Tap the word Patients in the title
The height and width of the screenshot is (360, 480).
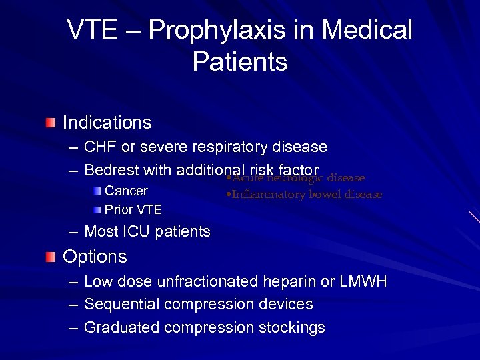[x=240, y=62]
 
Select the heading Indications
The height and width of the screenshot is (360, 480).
[x=107, y=123]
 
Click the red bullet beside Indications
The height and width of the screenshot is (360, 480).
[x=51, y=123]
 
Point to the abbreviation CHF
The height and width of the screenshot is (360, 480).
[x=100, y=147]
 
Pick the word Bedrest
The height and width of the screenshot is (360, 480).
[x=112, y=170]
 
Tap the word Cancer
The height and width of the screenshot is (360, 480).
[x=127, y=191]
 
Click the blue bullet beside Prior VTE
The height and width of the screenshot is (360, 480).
[x=98, y=210]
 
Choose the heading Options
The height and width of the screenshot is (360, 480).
[x=95, y=257]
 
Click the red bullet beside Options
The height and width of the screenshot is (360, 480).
[x=51, y=257]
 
